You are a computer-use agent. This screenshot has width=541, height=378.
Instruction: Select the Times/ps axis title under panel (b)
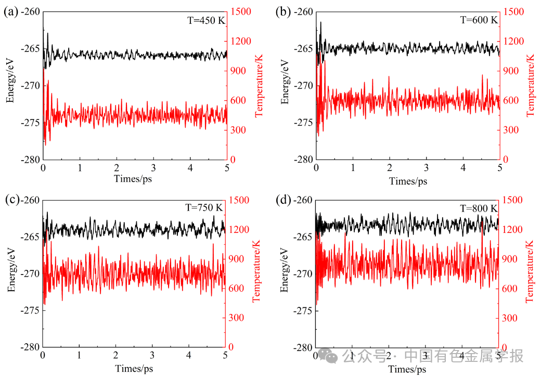408,181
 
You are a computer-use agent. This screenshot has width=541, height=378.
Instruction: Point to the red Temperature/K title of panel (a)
258,86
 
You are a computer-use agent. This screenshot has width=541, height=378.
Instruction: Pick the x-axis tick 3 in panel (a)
153,168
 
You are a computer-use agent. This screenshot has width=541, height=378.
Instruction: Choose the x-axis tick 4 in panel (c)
189,356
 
